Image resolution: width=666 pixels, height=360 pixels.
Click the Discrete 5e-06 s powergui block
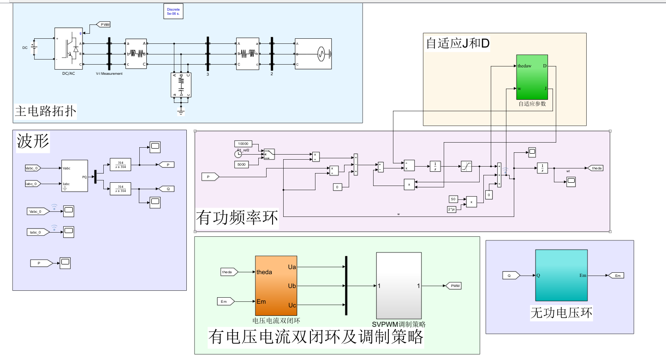[174, 12]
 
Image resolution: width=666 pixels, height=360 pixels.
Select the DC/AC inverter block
[68, 48]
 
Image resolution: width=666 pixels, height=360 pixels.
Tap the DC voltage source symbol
[34, 48]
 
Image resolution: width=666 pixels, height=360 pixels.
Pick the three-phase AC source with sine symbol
[313, 54]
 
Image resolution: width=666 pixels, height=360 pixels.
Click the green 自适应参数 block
[532, 77]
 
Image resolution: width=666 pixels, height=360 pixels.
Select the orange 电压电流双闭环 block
[276, 285]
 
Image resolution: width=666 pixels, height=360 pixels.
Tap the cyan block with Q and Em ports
[561, 275]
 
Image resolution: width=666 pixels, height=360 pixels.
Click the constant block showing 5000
[241, 164]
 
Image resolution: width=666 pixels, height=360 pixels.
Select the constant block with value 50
[453, 199]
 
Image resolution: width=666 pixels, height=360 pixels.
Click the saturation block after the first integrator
[466, 166]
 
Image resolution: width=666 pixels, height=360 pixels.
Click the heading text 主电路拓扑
[46, 112]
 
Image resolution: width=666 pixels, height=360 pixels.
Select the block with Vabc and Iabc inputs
[74, 176]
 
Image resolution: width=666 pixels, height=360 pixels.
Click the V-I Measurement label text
[109, 74]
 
